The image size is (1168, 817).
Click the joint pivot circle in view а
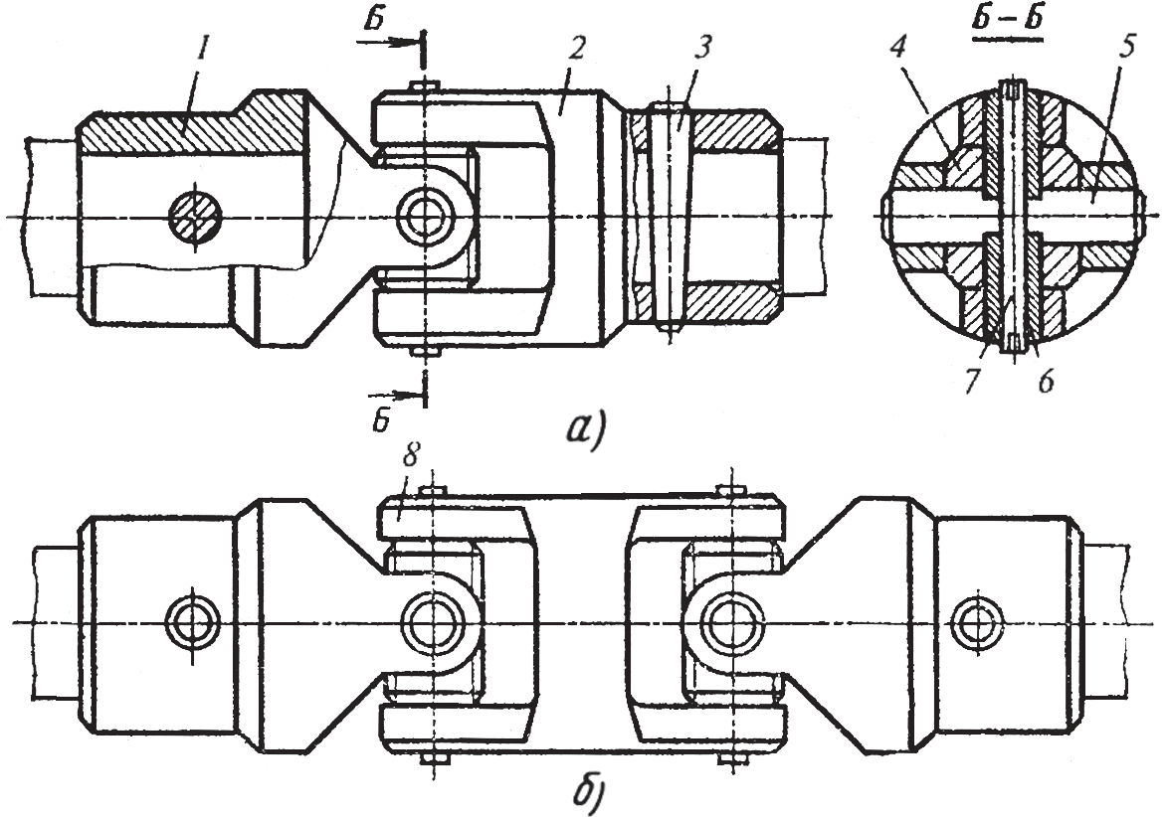[426, 215]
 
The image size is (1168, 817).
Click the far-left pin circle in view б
[188, 622]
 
